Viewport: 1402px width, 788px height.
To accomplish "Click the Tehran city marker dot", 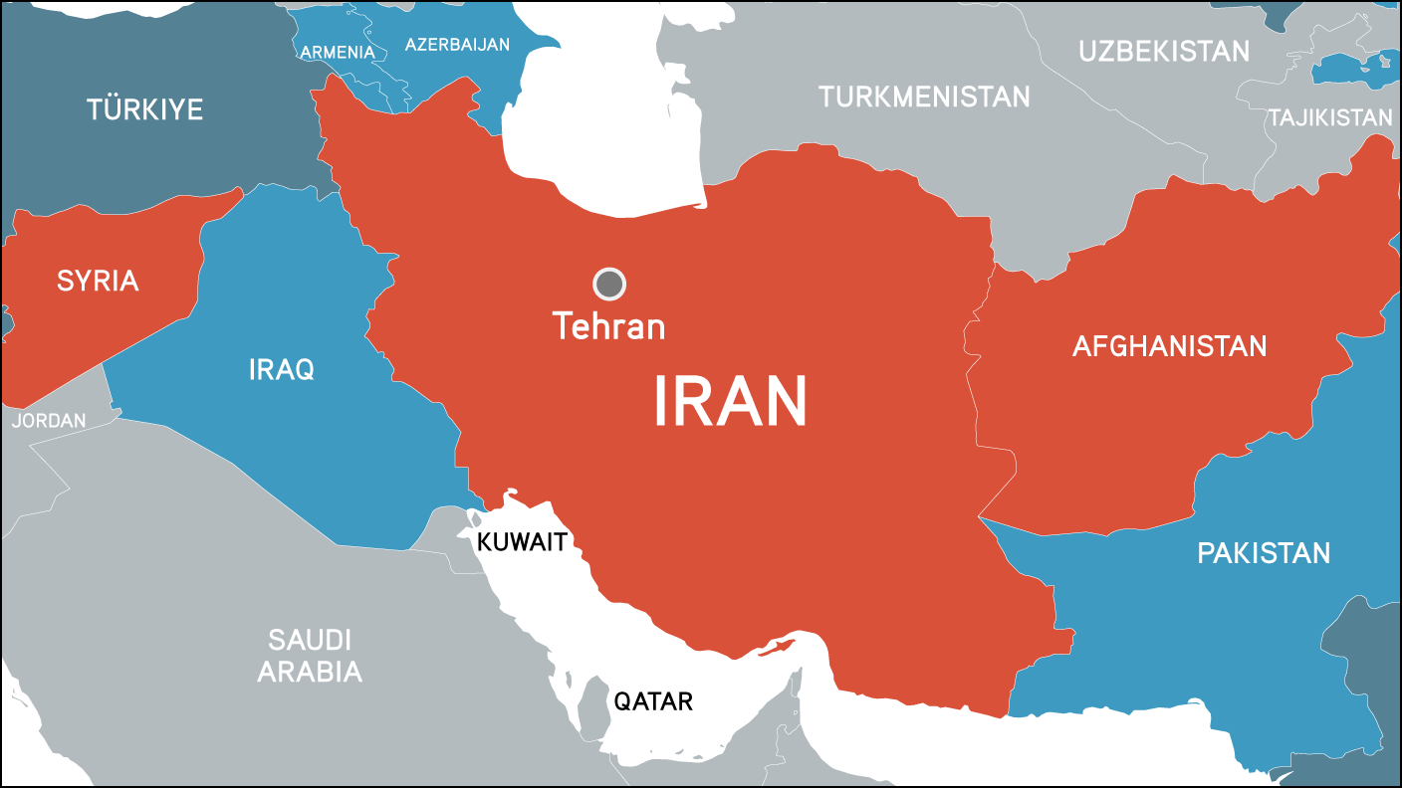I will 609,285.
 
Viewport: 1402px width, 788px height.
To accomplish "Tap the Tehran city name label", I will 608,326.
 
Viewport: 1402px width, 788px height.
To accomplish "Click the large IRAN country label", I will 730,403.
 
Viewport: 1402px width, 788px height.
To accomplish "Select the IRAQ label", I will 282,370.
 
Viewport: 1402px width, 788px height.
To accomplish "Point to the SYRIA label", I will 98,282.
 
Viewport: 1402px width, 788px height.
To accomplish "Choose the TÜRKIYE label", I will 144,109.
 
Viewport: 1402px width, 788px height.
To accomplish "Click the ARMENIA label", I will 338,52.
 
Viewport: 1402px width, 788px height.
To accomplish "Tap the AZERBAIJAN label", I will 457,45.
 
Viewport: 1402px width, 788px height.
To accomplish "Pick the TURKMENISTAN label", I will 924,97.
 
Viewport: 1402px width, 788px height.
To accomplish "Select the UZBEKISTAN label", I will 1164,51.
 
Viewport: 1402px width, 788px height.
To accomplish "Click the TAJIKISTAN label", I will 1329,117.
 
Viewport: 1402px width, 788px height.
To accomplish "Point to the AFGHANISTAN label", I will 1169,346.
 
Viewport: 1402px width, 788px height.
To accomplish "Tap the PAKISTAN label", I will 1264,553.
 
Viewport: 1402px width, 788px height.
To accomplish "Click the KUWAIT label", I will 523,543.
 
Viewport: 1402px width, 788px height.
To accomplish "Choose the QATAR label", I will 653,701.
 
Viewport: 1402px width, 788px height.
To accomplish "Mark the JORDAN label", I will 50,421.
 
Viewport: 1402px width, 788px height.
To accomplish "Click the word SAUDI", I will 310,639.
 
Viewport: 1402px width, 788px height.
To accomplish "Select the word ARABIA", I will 310,672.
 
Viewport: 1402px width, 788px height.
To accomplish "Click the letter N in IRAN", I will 781,403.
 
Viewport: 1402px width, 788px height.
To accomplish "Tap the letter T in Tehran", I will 564,325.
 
